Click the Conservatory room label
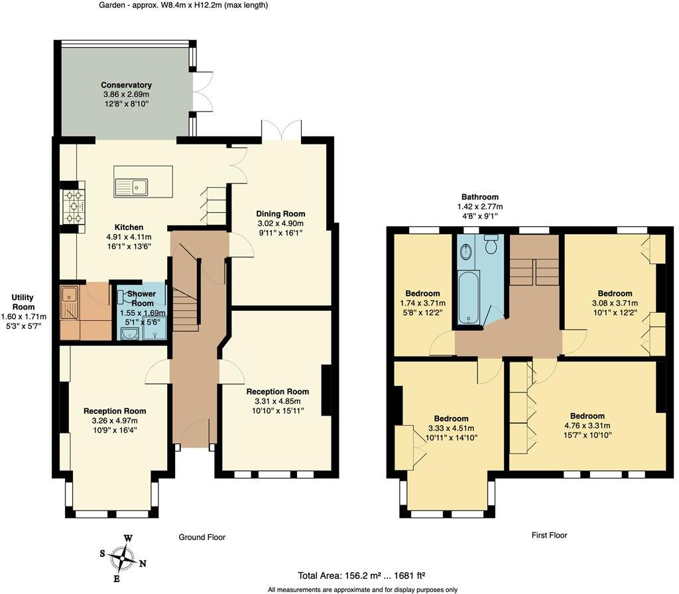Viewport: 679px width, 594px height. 126,85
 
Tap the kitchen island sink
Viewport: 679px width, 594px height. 139,188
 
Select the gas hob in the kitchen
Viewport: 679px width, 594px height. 72,206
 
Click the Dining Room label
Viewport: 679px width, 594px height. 280,213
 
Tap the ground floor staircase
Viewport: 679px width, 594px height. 185,305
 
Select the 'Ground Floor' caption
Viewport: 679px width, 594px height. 202,537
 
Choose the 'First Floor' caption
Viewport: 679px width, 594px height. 549,535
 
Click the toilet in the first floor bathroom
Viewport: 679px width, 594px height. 491,245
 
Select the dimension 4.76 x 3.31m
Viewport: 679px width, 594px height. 584,426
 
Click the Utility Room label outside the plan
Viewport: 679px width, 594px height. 23,302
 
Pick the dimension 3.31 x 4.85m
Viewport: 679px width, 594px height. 277,401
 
